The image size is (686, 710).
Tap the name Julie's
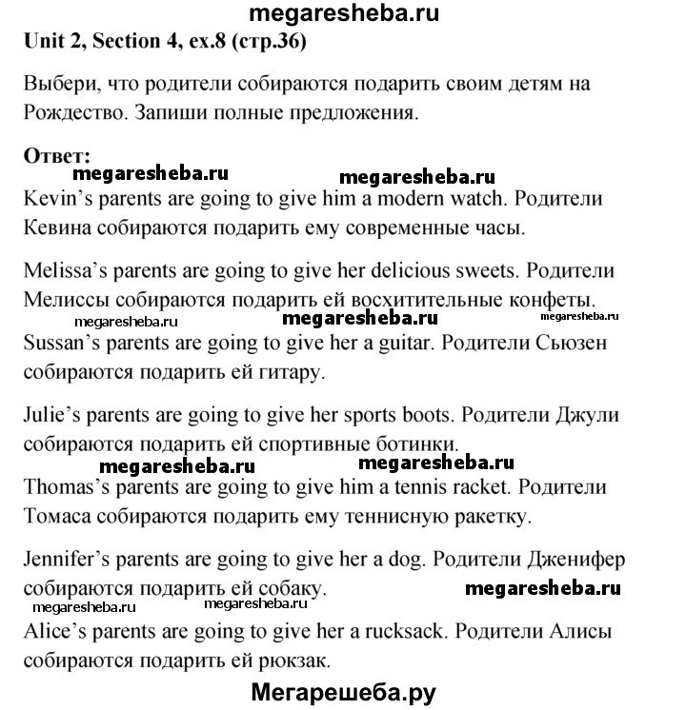(50, 415)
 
